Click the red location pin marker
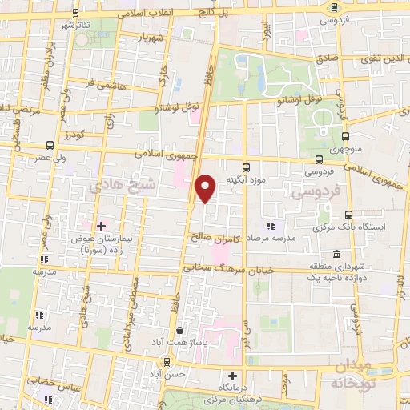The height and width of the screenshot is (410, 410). [x=206, y=188]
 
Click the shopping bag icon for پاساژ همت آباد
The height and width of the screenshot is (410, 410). [x=180, y=330]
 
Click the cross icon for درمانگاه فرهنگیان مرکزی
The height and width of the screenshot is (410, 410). [x=233, y=375]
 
